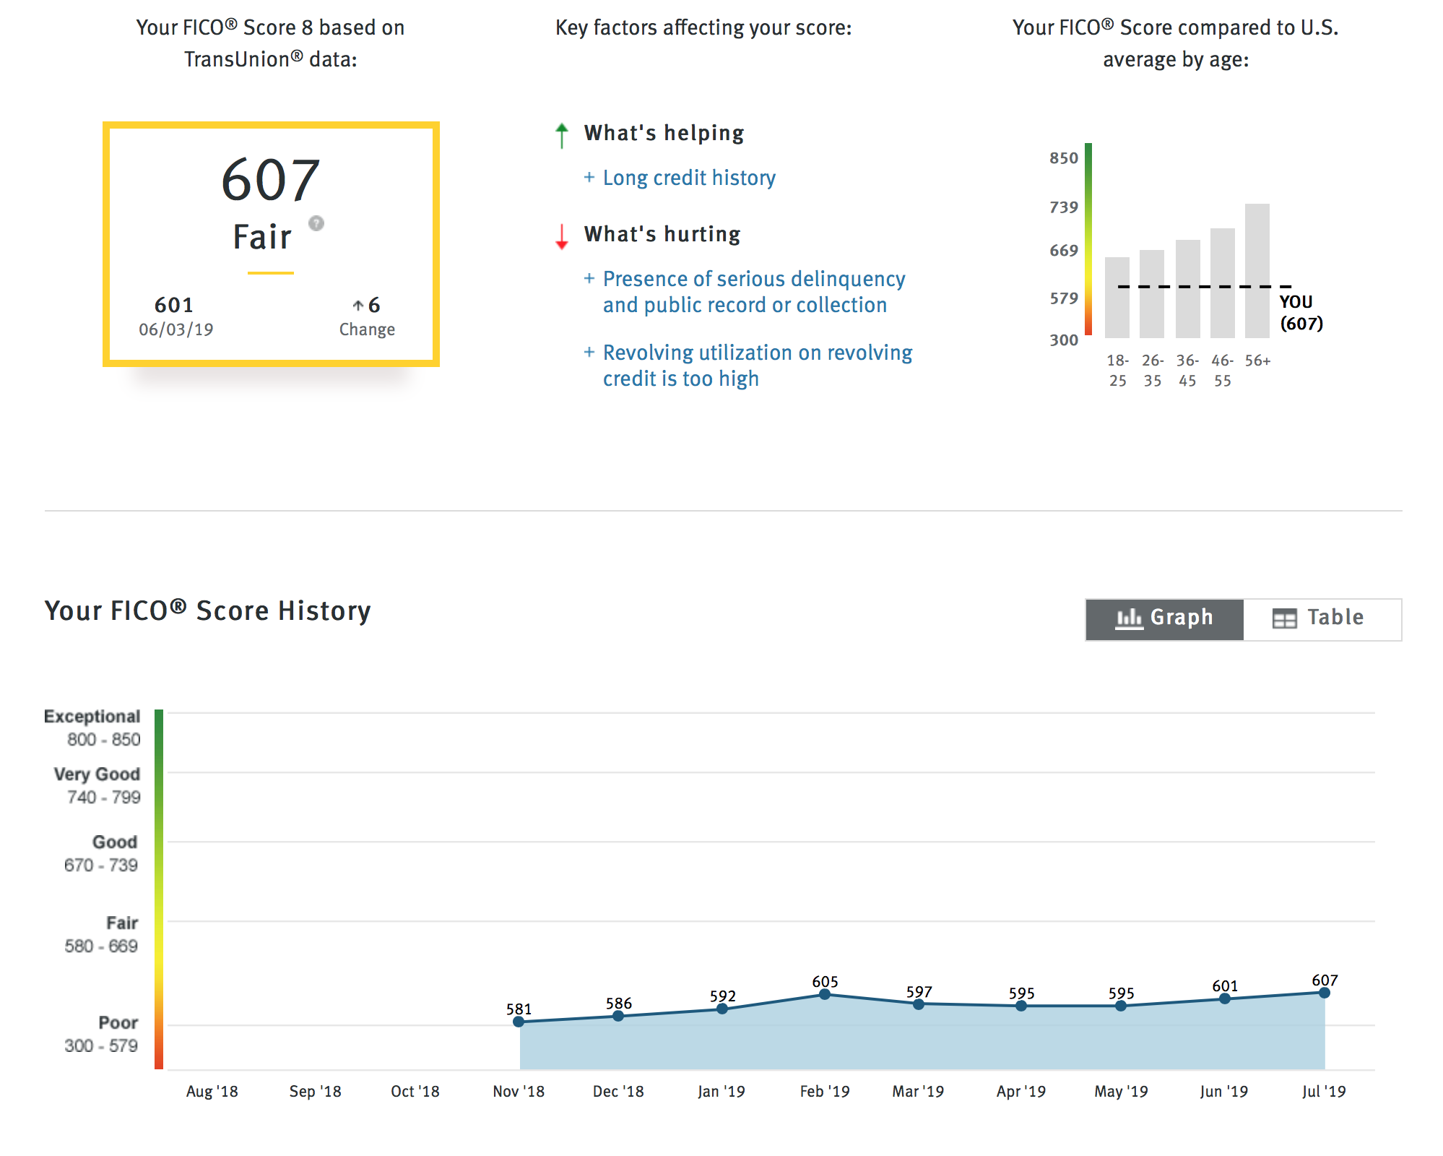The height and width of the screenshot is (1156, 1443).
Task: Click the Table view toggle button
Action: point(1322,619)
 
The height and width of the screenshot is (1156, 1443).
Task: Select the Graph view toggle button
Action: point(1164,619)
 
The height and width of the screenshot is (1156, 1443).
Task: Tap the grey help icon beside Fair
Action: point(316,223)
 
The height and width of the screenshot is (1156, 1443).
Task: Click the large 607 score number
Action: point(270,180)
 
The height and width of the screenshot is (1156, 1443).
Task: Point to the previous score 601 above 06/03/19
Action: point(174,305)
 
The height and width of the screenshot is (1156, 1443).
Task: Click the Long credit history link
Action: point(689,178)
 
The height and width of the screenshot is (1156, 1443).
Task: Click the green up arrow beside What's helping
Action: point(562,135)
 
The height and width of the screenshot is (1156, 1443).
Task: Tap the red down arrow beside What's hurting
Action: point(562,236)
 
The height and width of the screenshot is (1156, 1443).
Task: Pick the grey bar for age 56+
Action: point(1257,271)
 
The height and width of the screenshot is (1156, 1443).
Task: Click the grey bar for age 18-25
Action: point(1117,298)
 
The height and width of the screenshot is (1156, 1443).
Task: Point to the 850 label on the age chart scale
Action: point(1064,158)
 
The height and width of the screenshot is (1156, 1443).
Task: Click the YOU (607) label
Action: point(1301,313)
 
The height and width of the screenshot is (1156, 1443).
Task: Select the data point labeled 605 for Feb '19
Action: point(825,995)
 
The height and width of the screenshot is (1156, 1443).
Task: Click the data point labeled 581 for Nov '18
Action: point(519,1022)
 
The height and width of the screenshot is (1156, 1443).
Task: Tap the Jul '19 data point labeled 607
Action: point(1325,993)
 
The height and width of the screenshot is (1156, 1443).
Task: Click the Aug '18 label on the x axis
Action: point(212,1091)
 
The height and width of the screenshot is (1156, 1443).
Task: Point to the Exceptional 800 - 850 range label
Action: point(92,728)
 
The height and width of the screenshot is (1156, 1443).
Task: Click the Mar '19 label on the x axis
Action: point(918,1091)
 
